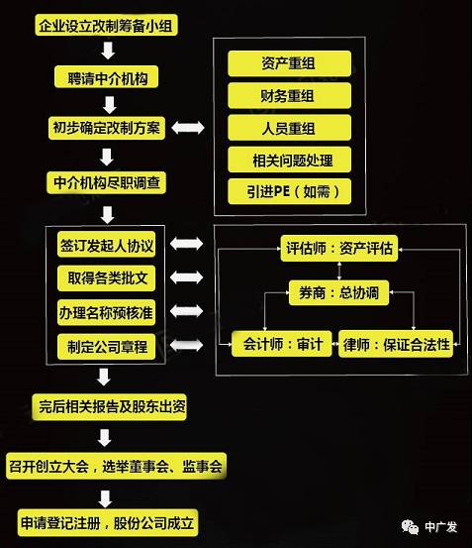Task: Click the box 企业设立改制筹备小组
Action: click(107, 25)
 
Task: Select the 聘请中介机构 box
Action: click(107, 77)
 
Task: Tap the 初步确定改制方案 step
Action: click(107, 128)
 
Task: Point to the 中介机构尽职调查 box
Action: click(107, 182)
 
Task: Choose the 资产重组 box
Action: click(289, 63)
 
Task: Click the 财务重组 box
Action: click(289, 96)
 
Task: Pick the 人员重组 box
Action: click(289, 128)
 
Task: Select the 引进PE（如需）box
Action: click(289, 192)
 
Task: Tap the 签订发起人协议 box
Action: click(107, 245)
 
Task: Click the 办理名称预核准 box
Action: click(107, 312)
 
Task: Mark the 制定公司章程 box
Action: click(107, 347)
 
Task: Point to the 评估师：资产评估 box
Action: click(339, 249)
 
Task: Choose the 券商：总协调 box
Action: click(338, 292)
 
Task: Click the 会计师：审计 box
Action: click(282, 344)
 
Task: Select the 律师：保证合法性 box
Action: click(396, 344)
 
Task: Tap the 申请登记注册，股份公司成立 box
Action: click(108, 523)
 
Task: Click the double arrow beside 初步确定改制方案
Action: click(188, 128)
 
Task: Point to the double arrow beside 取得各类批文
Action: click(186, 277)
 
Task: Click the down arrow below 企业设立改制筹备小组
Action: click(108, 51)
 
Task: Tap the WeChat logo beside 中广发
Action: click(410, 527)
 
